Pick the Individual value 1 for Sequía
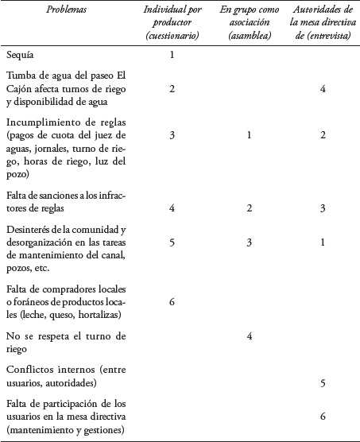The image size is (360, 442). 172,56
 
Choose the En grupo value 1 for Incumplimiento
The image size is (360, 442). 249,136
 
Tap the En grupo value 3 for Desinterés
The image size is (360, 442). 249,242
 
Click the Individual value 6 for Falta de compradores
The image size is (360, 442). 172,302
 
